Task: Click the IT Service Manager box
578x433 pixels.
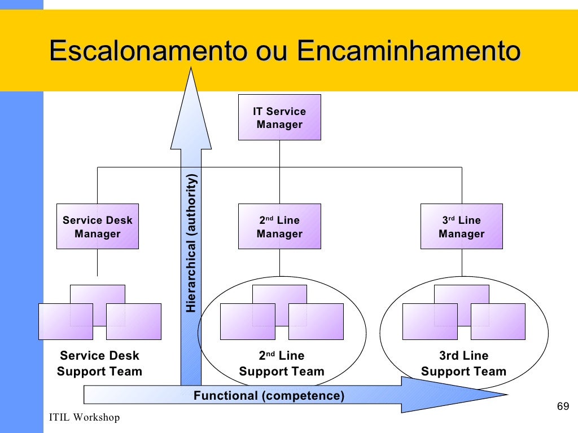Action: [279, 117]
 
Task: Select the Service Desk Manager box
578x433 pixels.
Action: [97, 227]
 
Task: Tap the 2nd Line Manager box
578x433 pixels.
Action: [279, 227]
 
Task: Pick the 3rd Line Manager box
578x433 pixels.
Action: [461, 227]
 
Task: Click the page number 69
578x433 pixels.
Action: [562, 407]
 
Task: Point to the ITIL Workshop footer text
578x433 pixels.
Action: [84, 418]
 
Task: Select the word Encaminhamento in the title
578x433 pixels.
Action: [408, 51]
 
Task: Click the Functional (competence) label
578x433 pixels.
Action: [269, 396]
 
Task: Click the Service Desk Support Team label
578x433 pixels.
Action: [99, 364]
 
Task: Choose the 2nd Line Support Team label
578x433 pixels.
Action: [282, 364]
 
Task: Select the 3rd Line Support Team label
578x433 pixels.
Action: [463, 364]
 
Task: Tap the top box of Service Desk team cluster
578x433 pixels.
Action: [97, 293]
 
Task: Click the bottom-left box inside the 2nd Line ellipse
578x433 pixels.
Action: [247, 321]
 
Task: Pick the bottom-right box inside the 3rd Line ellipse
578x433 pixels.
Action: [498, 321]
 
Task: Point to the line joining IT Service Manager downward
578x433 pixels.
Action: [279, 153]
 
